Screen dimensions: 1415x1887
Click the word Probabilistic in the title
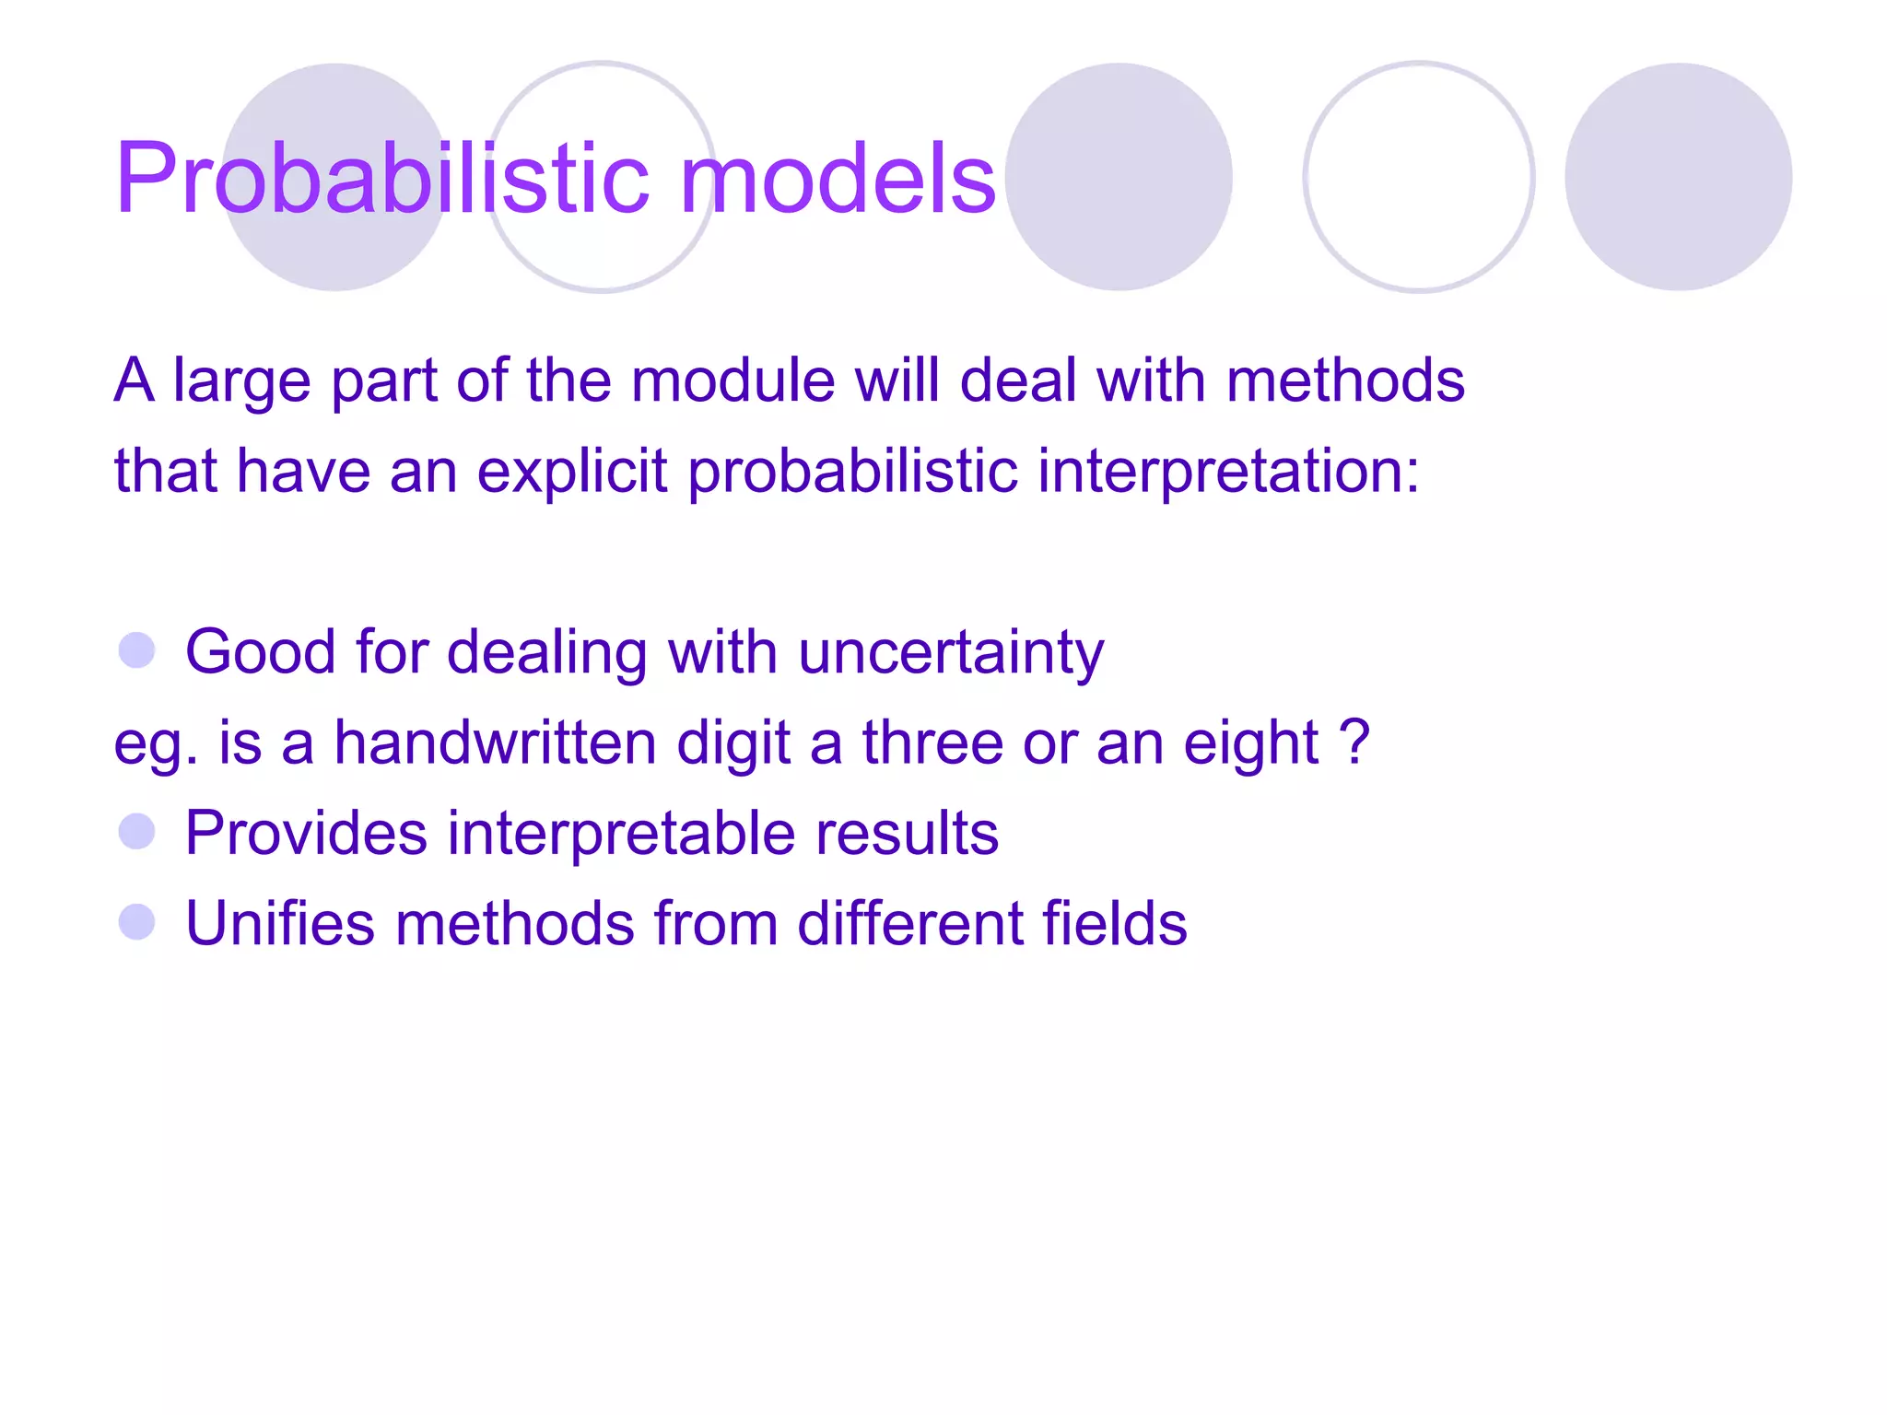[x=382, y=179]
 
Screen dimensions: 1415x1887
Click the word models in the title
[x=838, y=179]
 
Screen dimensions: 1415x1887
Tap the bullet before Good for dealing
[x=137, y=650]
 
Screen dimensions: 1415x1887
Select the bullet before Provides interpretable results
[x=137, y=832]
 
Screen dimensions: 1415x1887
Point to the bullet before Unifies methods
[x=137, y=922]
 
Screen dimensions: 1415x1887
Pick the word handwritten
[x=495, y=743]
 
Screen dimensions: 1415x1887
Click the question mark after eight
[x=1354, y=742]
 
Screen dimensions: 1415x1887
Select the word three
[x=932, y=743]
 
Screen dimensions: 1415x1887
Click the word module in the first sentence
[x=733, y=380]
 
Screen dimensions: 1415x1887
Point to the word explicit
[x=571, y=472]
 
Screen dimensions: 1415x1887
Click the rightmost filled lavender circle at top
[x=1678, y=177]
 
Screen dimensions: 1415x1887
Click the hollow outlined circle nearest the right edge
[x=1418, y=177]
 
